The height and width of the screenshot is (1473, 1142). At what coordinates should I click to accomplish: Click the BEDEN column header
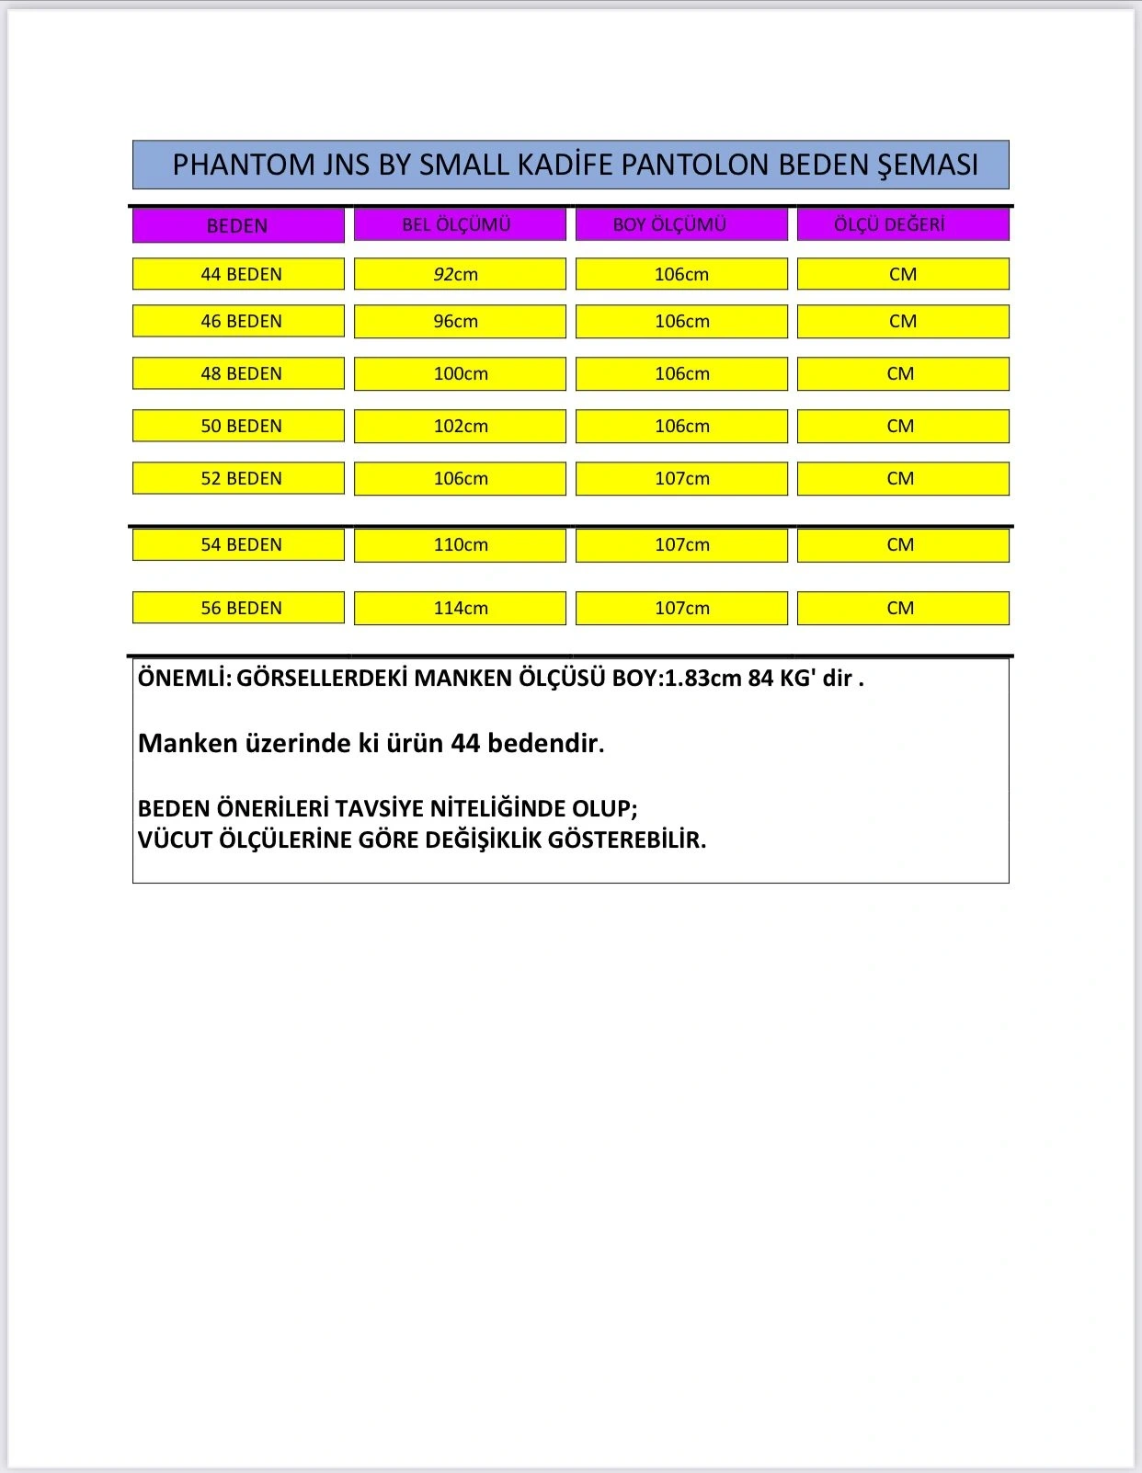(237, 225)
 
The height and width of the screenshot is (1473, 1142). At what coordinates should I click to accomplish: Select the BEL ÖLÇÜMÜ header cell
(459, 224)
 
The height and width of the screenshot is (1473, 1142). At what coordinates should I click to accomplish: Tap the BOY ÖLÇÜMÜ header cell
(680, 224)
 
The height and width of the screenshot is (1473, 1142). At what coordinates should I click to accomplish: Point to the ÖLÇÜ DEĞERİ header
(902, 224)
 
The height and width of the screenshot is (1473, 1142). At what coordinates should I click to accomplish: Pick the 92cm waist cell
(459, 274)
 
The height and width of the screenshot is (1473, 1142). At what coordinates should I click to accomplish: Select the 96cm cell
(459, 321)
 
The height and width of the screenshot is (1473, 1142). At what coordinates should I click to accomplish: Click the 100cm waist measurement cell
(460, 373)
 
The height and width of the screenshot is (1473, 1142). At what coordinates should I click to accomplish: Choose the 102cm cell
(460, 426)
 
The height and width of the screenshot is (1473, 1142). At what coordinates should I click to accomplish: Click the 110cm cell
(460, 544)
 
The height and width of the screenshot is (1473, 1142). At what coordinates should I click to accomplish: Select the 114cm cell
(460, 608)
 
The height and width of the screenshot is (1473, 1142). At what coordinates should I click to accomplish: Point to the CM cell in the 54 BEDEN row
(902, 544)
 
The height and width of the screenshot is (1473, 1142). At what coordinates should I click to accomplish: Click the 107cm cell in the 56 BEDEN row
(681, 608)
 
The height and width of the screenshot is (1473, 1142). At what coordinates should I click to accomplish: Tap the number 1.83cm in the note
(703, 679)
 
